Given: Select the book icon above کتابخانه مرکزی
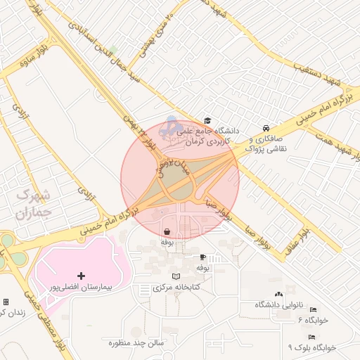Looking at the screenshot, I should point(176,276).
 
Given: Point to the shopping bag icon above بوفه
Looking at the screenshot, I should point(167,231).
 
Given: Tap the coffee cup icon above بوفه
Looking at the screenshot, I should point(202,257).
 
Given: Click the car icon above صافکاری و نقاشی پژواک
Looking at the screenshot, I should point(265,128).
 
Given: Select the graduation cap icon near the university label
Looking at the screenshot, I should point(207,120).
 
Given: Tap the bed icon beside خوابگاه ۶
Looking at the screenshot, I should point(313,309).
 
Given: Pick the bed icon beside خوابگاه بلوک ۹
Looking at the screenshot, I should point(311,337).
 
